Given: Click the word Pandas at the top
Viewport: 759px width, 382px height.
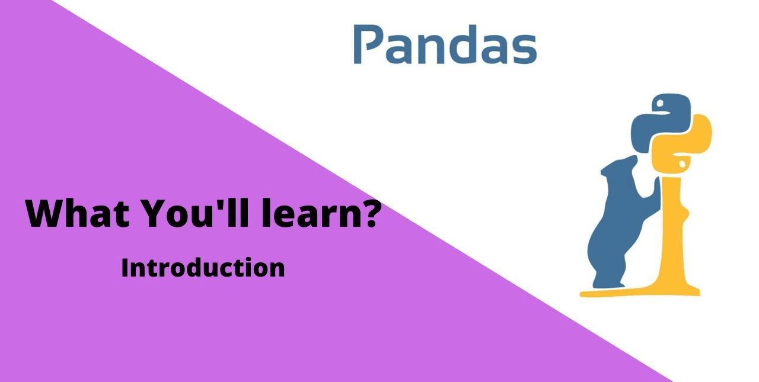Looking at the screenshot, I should [445, 44].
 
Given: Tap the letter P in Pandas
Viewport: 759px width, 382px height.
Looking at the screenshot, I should [366, 44].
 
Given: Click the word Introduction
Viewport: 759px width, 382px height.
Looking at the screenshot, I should [203, 268].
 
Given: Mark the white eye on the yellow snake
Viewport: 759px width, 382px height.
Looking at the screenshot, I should [682, 163].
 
